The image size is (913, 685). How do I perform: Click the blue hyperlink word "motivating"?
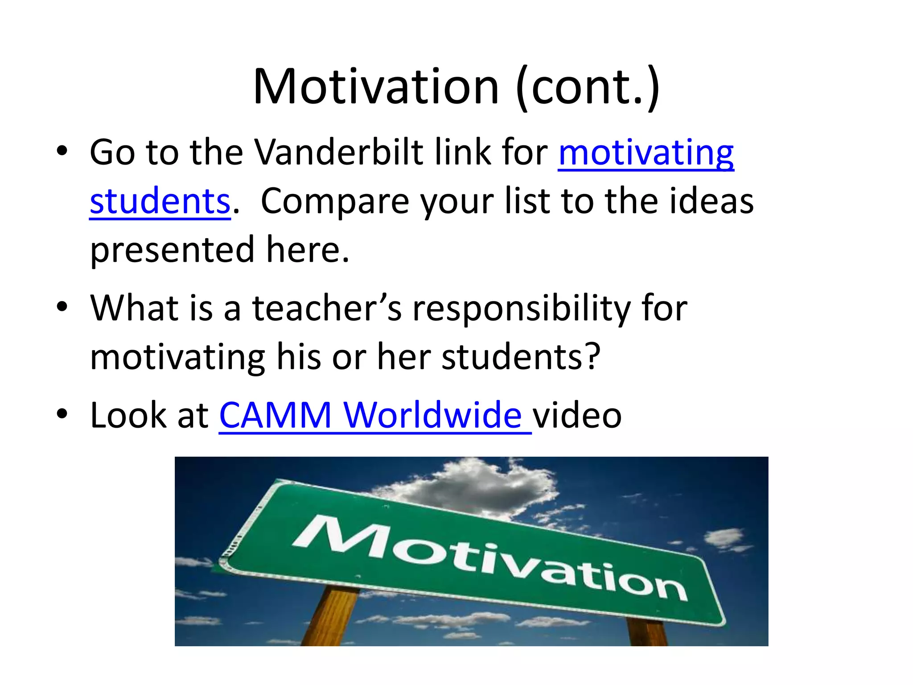(x=646, y=153)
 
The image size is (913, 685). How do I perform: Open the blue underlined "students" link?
(x=160, y=201)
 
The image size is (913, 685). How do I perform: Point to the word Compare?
(x=335, y=201)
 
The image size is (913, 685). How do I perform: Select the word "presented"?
(x=172, y=250)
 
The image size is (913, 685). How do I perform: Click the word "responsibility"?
(x=522, y=308)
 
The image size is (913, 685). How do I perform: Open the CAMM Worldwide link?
(x=374, y=415)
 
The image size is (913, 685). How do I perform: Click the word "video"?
(x=577, y=415)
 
